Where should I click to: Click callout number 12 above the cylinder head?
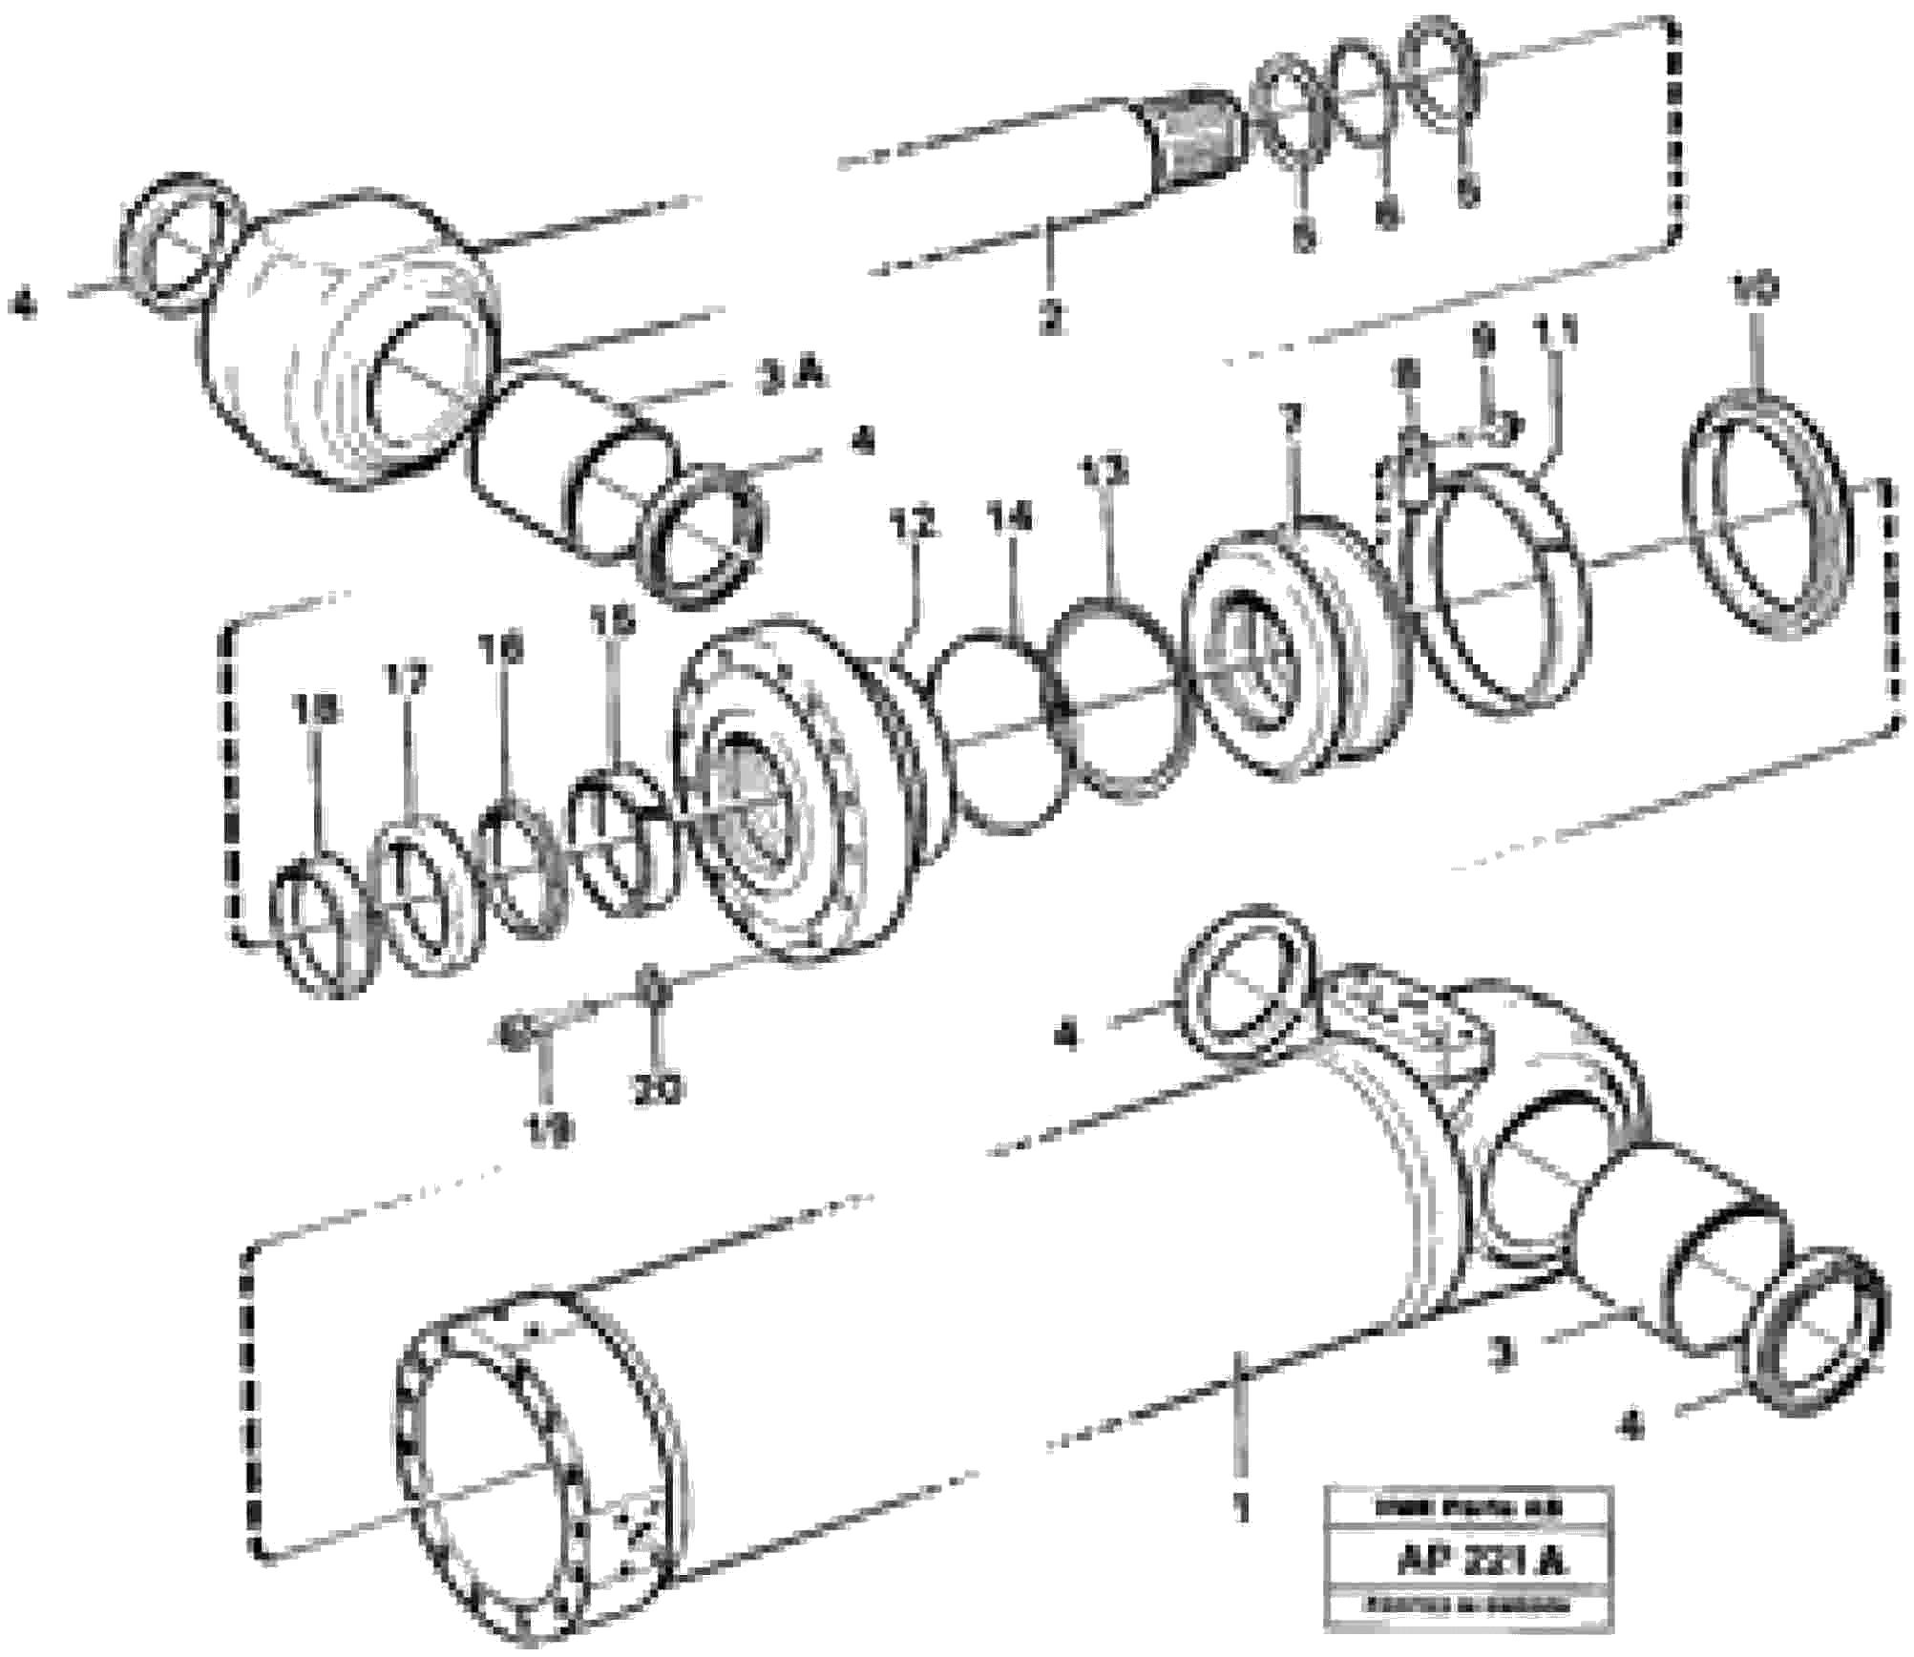pos(912,524)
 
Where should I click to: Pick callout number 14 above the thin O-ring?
pos(1011,519)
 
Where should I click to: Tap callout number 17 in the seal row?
pos(405,681)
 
